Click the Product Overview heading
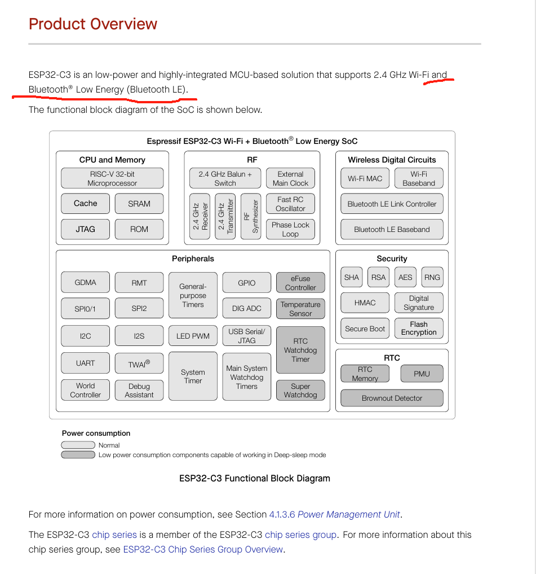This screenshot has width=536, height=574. pyautogui.click(x=93, y=24)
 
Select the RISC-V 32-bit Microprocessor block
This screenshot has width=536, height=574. pyautogui.click(x=112, y=178)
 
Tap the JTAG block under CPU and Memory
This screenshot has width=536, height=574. pyautogui.click(x=85, y=229)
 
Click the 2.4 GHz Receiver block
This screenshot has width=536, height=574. pyautogui.click(x=200, y=216)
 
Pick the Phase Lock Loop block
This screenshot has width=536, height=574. pyautogui.click(x=290, y=229)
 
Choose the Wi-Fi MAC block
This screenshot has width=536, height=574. pyautogui.click(x=365, y=178)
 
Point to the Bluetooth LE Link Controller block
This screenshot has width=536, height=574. pyautogui.click(x=392, y=204)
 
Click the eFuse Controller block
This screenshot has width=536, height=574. pyautogui.click(x=300, y=283)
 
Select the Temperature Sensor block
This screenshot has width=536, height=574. pyautogui.click(x=300, y=309)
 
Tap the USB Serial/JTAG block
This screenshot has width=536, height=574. pyautogui.click(x=246, y=336)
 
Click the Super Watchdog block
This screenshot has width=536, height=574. pyautogui.click(x=300, y=391)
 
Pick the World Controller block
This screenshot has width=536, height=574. pyautogui.click(x=85, y=390)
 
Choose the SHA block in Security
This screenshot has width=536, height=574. pyautogui.click(x=351, y=277)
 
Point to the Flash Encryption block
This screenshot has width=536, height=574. pyautogui.click(x=419, y=328)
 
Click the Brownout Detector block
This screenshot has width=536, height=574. pyautogui.click(x=392, y=398)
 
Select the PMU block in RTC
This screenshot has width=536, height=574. pyautogui.click(x=422, y=374)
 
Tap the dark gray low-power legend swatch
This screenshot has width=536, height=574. pyautogui.click(x=78, y=454)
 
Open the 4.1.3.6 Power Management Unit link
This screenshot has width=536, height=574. pyautogui.click(x=335, y=514)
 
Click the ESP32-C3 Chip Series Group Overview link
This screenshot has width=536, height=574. pyautogui.click(x=203, y=549)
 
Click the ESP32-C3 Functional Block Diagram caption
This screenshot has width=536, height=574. pyautogui.click(x=255, y=479)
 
